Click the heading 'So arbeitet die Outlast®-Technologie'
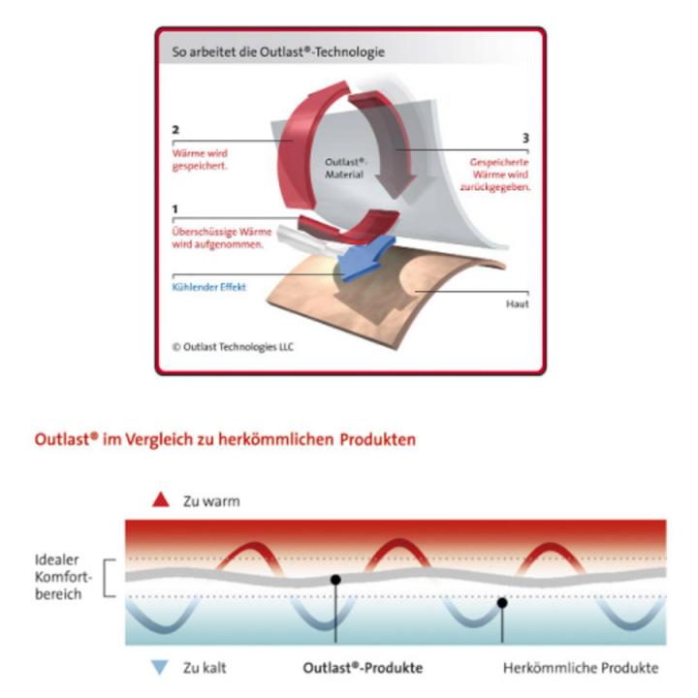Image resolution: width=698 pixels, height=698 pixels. [278, 51]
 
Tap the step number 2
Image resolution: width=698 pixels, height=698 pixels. [175, 130]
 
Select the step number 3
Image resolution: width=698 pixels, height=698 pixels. [525, 138]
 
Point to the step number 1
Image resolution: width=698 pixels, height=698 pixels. [174, 208]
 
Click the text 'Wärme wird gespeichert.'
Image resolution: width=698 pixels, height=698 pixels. [200, 160]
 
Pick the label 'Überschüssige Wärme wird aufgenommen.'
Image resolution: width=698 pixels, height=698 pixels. [222, 238]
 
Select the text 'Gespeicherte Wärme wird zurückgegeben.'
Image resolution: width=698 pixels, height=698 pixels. [495, 174]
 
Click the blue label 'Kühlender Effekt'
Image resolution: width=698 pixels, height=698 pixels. [208, 287]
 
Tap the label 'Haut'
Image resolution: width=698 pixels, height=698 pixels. [518, 304]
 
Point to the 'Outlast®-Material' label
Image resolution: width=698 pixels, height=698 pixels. [345, 168]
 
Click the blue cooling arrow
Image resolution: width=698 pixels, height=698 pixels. [365, 258]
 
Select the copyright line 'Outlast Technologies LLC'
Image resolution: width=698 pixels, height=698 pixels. [233, 347]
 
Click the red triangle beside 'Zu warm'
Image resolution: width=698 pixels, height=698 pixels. [161, 500]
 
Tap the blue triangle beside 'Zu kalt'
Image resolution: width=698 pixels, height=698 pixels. [159, 667]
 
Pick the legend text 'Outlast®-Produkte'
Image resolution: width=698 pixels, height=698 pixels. [363, 668]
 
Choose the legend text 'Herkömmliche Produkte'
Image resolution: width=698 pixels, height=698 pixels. [581, 668]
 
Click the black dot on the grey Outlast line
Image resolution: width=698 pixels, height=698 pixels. [335, 580]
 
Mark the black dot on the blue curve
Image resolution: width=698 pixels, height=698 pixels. [502, 603]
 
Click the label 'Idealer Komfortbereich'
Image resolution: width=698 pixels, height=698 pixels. [63, 577]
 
